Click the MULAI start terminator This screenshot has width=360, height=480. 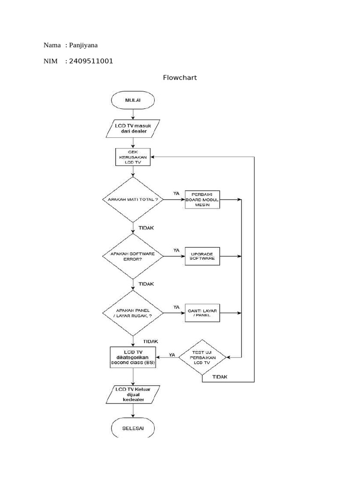click(x=133, y=100)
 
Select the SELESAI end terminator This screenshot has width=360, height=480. click(x=133, y=428)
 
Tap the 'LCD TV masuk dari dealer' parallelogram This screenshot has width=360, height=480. click(x=133, y=128)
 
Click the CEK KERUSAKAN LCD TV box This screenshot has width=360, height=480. click(x=133, y=157)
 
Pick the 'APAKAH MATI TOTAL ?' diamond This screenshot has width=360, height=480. click(x=133, y=199)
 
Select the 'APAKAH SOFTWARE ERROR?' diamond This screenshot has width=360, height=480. click(x=133, y=256)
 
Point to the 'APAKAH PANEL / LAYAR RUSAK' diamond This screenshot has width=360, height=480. click(x=133, y=313)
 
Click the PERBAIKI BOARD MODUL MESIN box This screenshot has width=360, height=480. click(x=202, y=199)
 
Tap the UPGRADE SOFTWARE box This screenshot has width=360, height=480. click(x=202, y=256)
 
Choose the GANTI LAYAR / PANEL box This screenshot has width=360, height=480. click(x=202, y=313)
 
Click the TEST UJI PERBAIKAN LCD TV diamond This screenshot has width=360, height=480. click(x=202, y=357)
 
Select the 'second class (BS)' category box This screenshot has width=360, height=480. click(x=133, y=357)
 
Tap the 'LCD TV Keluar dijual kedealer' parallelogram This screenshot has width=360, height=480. click(x=133, y=394)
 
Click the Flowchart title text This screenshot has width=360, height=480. click(x=180, y=78)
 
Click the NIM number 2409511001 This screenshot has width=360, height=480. click(x=91, y=61)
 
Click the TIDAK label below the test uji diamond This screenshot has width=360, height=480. click(x=220, y=376)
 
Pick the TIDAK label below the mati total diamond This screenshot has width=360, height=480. click(x=146, y=227)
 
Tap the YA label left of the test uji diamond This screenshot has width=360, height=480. click(x=172, y=355)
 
